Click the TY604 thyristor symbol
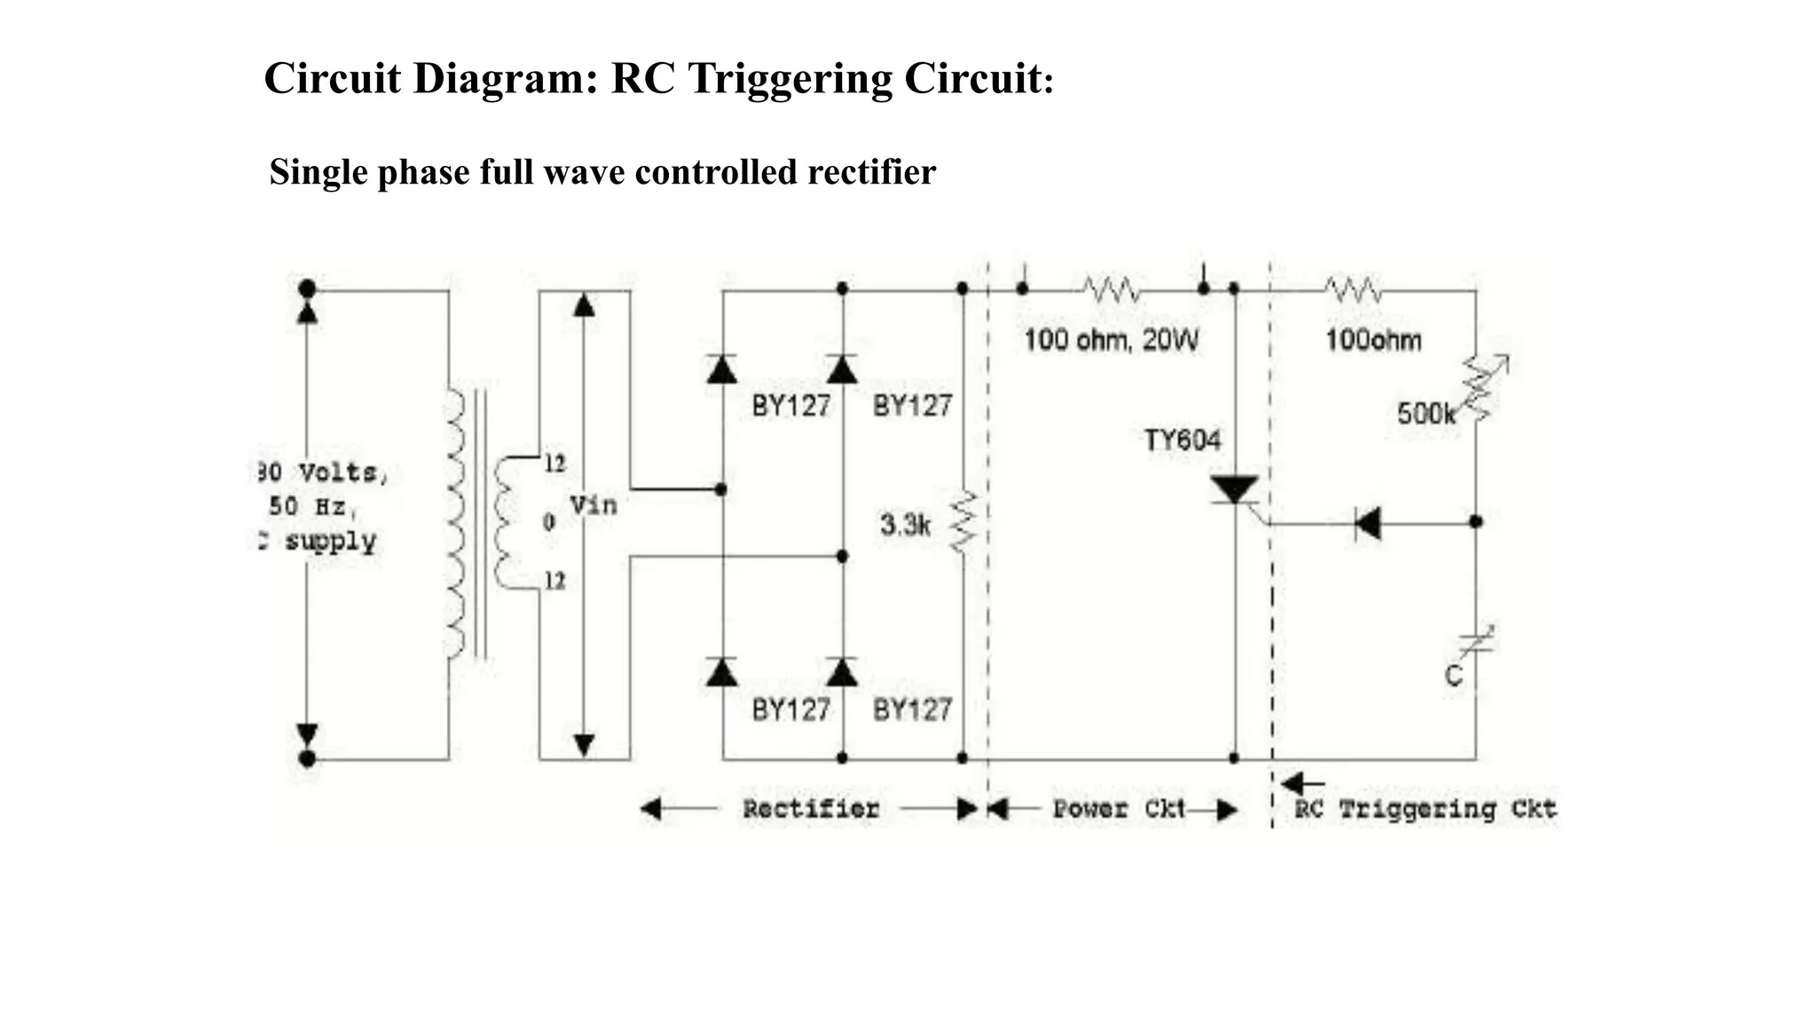pyautogui.click(x=1234, y=491)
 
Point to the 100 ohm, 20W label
pyautogui.click(x=1111, y=341)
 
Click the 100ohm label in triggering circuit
pyautogui.click(x=1373, y=341)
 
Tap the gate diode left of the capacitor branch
pyautogui.click(x=1367, y=523)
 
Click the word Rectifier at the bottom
pyautogui.click(x=810, y=809)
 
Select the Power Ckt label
pyautogui.click(x=1119, y=809)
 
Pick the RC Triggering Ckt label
pyautogui.click(x=1425, y=809)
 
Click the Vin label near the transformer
pyautogui.click(x=593, y=506)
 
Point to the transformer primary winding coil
pyautogui.click(x=455, y=523)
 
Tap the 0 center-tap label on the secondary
pyautogui.click(x=549, y=523)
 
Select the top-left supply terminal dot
pyautogui.click(x=307, y=288)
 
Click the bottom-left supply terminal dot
pyautogui.click(x=307, y=759)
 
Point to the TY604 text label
pyautogui.click(x=1182, y=440)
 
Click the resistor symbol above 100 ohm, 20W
pyautogui.click(x=1111, y=289)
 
